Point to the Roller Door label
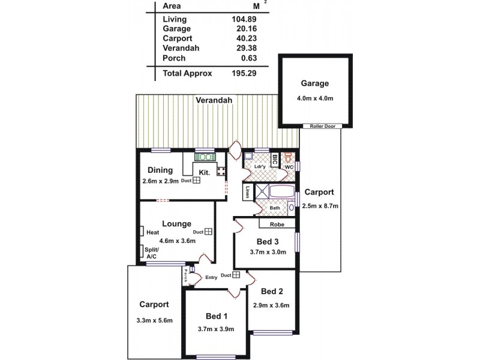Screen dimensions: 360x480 tap(323, 126)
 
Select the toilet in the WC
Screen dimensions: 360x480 tap(289, 158)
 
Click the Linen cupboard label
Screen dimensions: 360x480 tap(248, 191)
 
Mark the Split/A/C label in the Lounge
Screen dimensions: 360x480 tap(150, 253)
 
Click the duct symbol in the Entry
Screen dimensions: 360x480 tap(236, 275)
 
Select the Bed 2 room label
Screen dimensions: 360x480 tap(272, 292)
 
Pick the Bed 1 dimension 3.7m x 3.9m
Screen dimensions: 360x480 tap(215, 329)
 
